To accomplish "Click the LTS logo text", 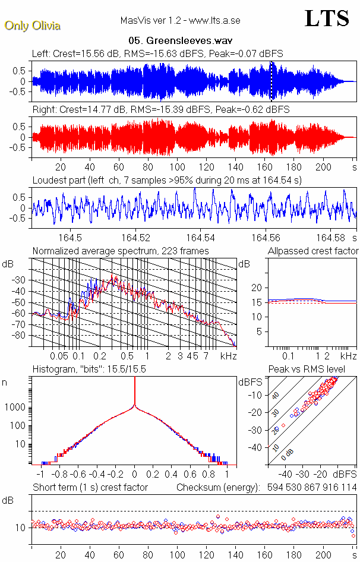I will click(x=326, y=18).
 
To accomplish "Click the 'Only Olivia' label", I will click(x=32, y=26).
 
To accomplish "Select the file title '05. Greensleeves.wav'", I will click(x=179, y=41).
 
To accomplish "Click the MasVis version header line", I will click(x=179, y=21).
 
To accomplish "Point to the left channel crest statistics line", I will click(x=157, y=53).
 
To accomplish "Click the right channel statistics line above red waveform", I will click(x=160, y=110).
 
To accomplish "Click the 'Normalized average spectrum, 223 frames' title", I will click(x=121, y=251).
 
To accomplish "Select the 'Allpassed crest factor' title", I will click(x=313, y=251).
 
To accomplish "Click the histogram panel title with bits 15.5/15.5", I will click(x=89, y=369).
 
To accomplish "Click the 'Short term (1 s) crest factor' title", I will click(x=90, y=487).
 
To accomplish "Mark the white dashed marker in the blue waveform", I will click(x=271, y=81).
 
